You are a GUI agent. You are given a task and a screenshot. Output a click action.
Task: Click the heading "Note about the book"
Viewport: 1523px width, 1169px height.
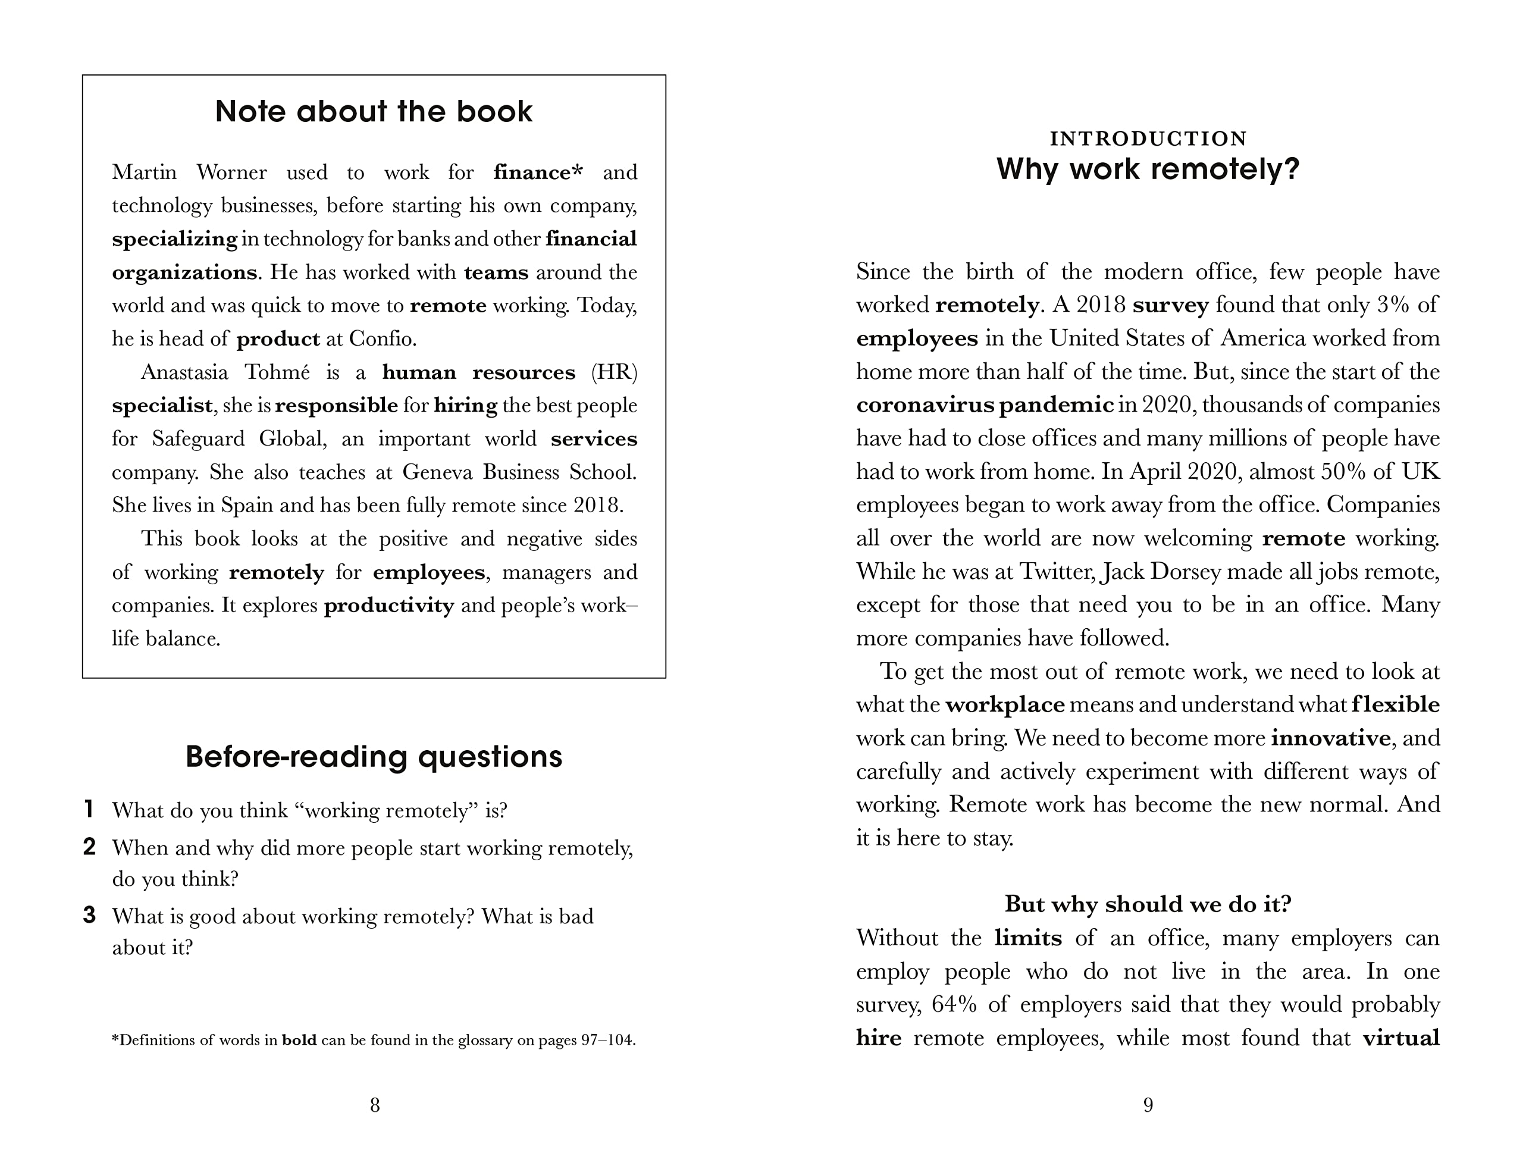pyautogui.click(x=374, y=111)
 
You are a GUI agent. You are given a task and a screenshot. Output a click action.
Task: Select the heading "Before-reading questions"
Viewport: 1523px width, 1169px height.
pyautogui.click(x=374, y=756)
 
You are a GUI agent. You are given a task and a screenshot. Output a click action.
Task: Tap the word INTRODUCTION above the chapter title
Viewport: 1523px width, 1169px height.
pyautogui.click(x=1148, y=139)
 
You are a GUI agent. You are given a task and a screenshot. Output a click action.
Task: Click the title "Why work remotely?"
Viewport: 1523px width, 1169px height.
pyautogui.click(x=1148, y=169)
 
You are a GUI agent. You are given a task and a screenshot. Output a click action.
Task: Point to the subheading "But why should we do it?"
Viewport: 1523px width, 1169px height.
pyautogui.click(x=1148, y=904)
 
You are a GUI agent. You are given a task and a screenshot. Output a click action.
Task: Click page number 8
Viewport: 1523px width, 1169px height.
pyautogui.click(x=374, y=1105)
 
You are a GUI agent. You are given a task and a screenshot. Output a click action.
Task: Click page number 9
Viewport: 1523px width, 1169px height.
pyautogui.click(x=1148, y=1105)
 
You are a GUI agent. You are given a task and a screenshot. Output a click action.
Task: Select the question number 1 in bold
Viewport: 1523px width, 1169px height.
pyautogui.click(x=89, y=809)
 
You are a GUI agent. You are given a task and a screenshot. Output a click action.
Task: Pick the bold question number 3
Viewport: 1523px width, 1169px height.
pyautogui.click(x=89, y=915)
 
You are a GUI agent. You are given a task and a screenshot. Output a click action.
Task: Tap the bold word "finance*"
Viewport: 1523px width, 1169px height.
pyautogui.click(x=538, y=172)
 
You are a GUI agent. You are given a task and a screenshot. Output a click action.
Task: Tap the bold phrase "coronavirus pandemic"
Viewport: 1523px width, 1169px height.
pyautogui.click(x=985, y=405)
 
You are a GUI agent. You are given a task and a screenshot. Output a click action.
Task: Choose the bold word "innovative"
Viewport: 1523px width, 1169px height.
pyautogui.click(x=1330, y=738)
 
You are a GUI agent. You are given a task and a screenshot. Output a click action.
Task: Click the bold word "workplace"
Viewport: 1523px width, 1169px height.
pyautogui.click(x=1005, y=705)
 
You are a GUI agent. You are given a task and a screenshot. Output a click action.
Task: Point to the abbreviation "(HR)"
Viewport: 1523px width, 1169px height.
pyautogui.click(x=613, y=372)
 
